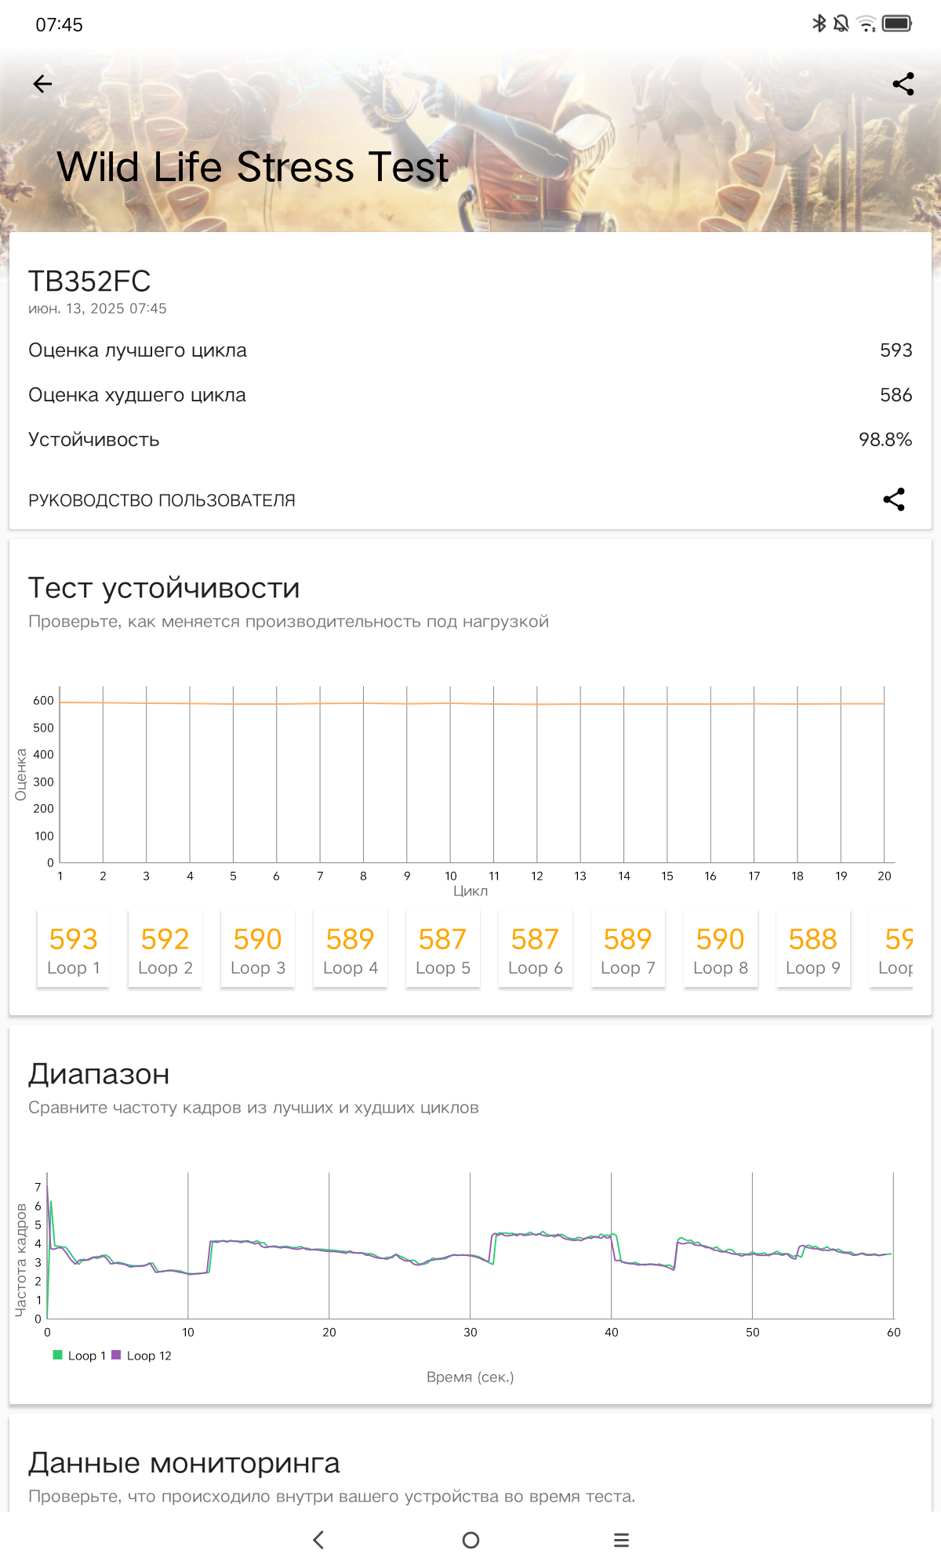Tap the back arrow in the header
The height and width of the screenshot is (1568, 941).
point(43,84)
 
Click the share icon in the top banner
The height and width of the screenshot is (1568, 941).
point(903,84)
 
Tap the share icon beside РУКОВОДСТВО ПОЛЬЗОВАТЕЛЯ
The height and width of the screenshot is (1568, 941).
point(894,499)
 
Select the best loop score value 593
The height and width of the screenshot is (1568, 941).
point(896,350)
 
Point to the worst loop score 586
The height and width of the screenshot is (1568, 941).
point(896,395)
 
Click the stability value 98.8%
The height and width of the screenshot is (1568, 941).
point(885,440)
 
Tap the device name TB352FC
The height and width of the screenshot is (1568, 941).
point(89,281)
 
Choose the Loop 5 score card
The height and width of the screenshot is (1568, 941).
point(443,949)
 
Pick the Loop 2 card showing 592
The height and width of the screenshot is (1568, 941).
point(165,949)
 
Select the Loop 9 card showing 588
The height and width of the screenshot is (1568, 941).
point(813,949)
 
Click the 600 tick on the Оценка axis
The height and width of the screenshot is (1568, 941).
point(43,701)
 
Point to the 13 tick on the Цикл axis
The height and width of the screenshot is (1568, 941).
point(580,877)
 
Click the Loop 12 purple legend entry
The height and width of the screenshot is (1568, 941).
point(142,1356)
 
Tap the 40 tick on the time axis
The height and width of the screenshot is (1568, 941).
point(612,1332)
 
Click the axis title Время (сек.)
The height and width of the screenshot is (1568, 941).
point(470,1377)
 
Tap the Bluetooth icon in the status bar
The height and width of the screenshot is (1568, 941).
point(819,24)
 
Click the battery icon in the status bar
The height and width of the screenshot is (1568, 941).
point(896,24)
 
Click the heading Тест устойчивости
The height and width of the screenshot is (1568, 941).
point(164,588)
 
